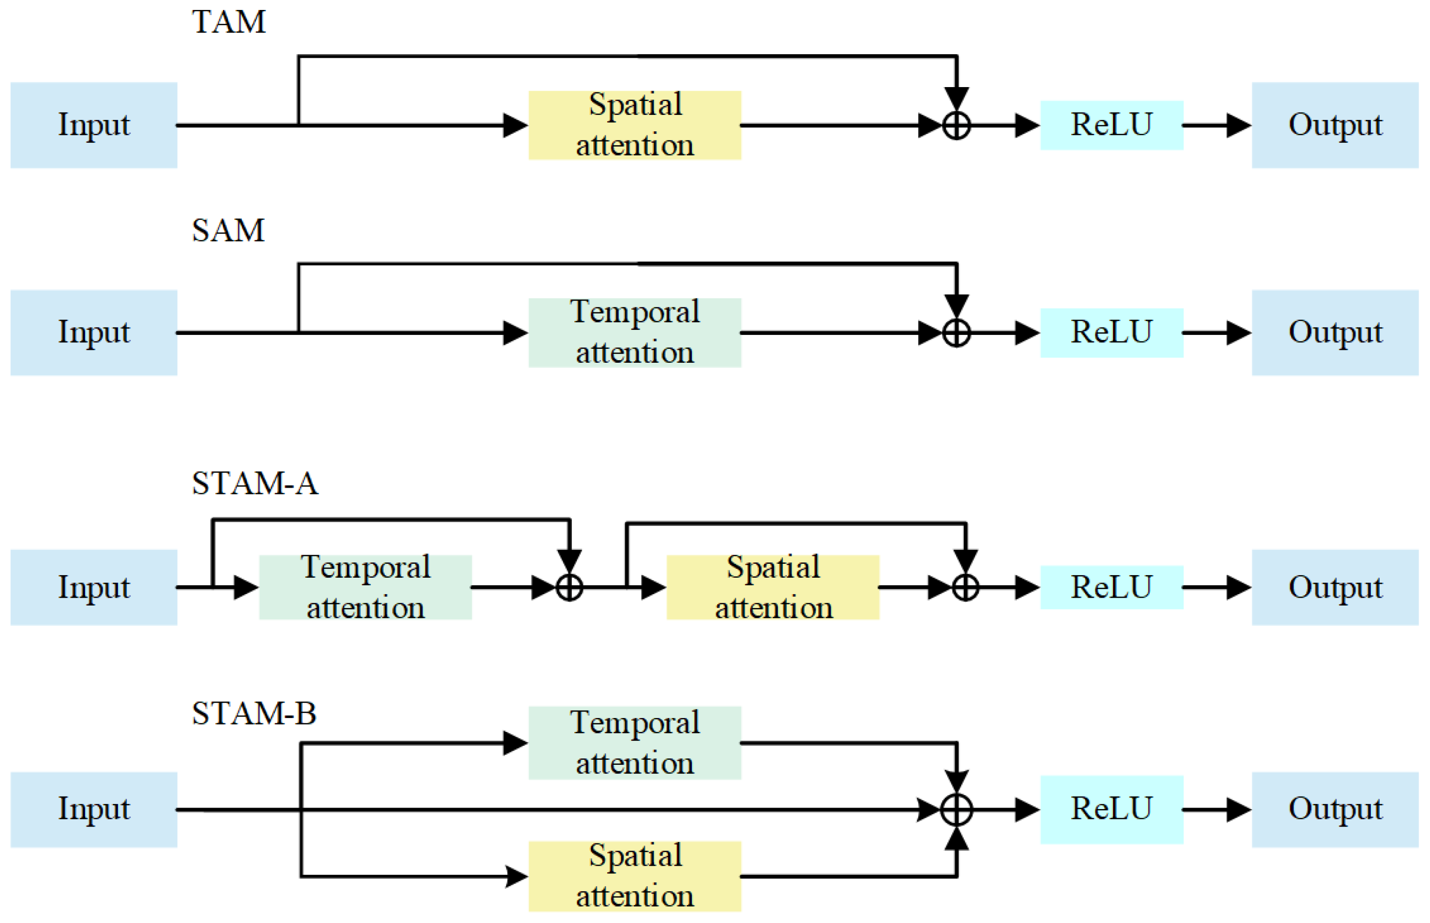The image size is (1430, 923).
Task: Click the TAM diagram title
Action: tap(228, 22)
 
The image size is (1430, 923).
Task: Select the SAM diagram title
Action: tap(228, 230)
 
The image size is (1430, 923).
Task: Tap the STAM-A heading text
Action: tap(255, 483)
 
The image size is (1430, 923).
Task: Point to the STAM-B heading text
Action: tap(254, 713)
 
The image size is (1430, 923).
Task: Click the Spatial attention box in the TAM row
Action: tap(634, 125)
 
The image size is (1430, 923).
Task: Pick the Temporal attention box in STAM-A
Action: tap(365, 587)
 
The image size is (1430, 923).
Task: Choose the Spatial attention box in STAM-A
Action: tap(773, 587)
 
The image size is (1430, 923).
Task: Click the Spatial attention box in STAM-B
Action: tap(634, 876)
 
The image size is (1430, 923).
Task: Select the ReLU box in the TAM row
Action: tap(1111, 125)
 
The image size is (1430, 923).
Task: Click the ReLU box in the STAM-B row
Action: tap(1111, 809)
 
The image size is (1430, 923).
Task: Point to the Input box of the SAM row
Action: tap(94, 333)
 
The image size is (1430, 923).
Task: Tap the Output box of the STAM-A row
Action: tap(1334, 587)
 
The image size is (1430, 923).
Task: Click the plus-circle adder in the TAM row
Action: tap(956, 125)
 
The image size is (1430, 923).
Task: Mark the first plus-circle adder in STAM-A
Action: tap(569, 587)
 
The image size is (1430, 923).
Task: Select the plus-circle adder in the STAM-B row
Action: tap(956, 810)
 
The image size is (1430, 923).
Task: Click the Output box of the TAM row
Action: tap(1334, 125)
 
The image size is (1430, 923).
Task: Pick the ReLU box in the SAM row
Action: tap(1111, 333)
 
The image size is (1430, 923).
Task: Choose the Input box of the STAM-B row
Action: tap(94, 809)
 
